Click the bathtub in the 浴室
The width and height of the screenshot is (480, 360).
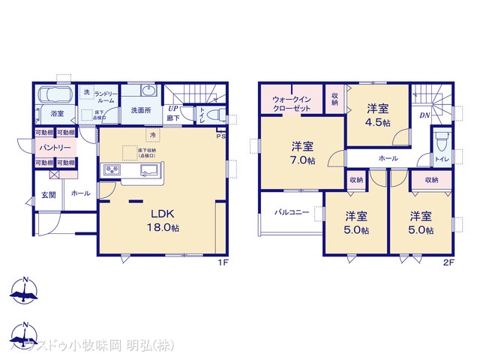pyautogui.click(x=52, y=95)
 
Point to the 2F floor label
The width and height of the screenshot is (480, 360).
pyautogui.click(x=448, y=262)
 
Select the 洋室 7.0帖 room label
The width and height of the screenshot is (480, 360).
pyautogui.click(x=302, y=153)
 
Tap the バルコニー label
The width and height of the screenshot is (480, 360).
pyautogui.click(x=292, y=212)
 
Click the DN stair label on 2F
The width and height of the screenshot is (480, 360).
pyautogui.click(x=424, y=115)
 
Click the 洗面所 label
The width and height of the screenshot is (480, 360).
pyautogui.click(x=141, y=110)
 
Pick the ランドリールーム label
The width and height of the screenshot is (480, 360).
pyautogui.click(x=104, y=96)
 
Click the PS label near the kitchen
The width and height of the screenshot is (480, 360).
pyautogui.click(x=221, y=136)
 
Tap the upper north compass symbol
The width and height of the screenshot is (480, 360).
pyautogui.click(x=24, y=292)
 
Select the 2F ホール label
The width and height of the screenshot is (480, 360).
pyautogui.click(x=388, y=159)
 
